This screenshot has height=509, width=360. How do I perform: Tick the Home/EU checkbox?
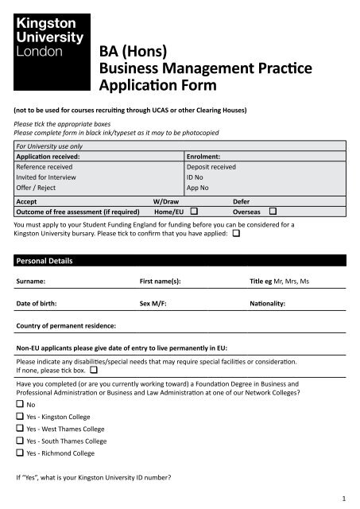(x=194, y=212)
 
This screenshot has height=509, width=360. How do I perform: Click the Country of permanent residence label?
(x=66, y=326)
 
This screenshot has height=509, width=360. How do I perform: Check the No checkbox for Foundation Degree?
(x=20, y=404)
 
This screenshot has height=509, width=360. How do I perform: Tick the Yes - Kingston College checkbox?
(x=20, y=416)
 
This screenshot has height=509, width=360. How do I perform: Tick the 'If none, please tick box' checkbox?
(x=94, y=371)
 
